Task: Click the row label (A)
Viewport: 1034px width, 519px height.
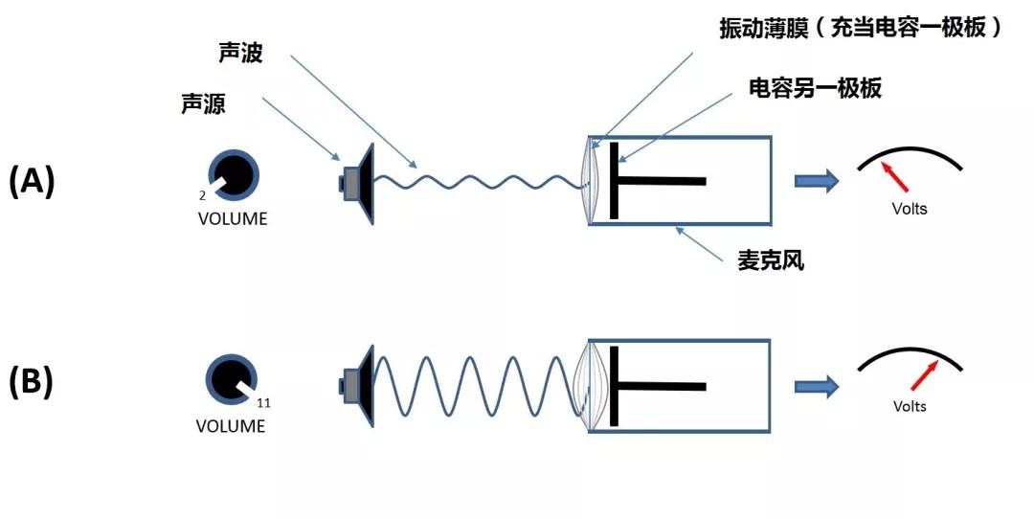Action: pyautogui.click(x=32, y=181)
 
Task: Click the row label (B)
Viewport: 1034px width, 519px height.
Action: pyautogui.click(x=32, y=382)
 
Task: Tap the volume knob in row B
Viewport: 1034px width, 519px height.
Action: pyautogui.click(x=232, y=380)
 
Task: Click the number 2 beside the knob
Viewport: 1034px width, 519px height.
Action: pyautogui.click(x=203, y=195)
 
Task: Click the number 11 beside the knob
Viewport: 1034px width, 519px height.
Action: pyautogui.click(x=263, y=403)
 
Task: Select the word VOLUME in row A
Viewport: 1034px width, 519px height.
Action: pyautogui.click(x=233, y=219)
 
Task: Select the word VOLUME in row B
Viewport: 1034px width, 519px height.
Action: pyautogui.click(x=231, y=426)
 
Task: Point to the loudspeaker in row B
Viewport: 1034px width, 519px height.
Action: pyautogui.click(x=358, y=385)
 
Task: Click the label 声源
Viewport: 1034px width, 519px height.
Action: pyautogui.click(x=203, y=104)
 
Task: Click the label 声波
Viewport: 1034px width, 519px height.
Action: pyautogui.click(x=239, y=55)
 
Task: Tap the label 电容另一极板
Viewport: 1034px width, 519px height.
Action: pyautogui.click(x=815, y=89)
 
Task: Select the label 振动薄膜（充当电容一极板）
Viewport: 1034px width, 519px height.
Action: pyautogui.click(x=861, y=29)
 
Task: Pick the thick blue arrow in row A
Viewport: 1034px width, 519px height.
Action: pyautogui.click(x=817, y=181)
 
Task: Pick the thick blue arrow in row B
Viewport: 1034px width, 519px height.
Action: pyautogui.click(x=817, y=385)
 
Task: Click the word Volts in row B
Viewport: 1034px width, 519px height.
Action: pyautogui.click(x=910, y=407)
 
